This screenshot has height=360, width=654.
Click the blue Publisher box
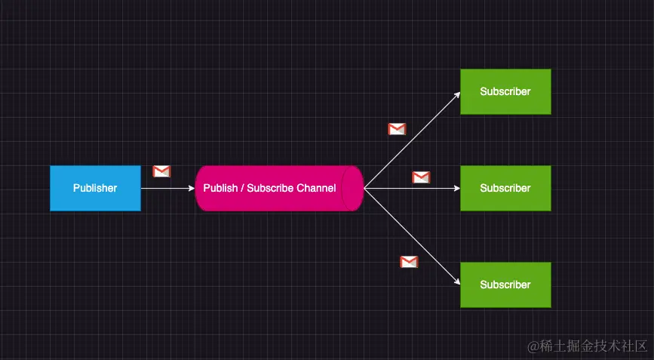point(95,188)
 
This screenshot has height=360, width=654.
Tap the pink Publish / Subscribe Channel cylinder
point(272,188)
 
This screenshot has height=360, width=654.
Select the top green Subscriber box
point(505,91)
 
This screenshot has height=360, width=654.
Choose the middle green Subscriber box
point(505,188)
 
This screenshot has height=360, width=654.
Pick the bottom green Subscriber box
point(505,285)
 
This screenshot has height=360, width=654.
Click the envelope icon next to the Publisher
point(161,171)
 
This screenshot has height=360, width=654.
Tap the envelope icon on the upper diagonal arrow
point(397,129)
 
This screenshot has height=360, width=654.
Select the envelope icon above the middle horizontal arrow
point(421,177)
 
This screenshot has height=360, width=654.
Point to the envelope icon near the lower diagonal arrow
point(409,262)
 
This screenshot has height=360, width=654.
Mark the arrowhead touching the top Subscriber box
point(457,94)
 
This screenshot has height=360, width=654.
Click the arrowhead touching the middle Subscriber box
point(456,188)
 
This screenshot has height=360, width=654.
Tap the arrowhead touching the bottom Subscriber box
point(457,282)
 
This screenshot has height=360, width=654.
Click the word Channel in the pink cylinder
point(316,188)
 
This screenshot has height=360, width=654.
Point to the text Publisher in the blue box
point(95,188)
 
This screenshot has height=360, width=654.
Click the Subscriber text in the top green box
point(505,91)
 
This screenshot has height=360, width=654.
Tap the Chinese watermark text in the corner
point(588,346)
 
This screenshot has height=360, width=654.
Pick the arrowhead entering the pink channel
point(192,188)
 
